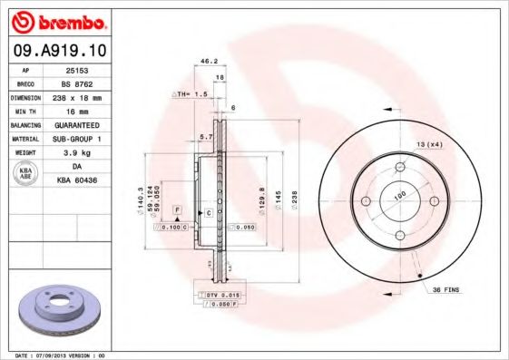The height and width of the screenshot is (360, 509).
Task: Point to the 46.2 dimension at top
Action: (208, 62)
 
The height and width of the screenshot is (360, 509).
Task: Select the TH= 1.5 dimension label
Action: (190, 93)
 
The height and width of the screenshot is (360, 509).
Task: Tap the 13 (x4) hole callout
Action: (427, 145)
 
